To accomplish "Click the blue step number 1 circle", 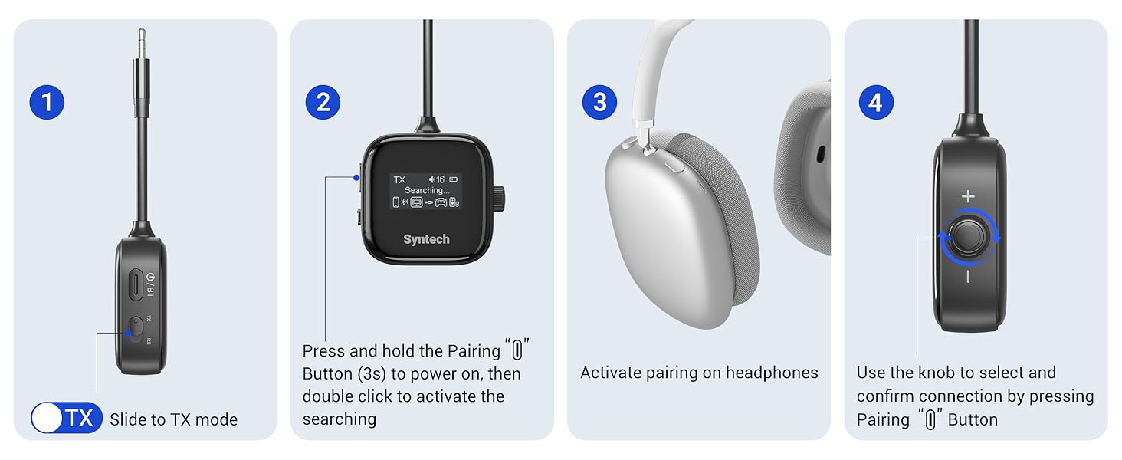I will (47, 102).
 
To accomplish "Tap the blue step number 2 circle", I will (323, 102).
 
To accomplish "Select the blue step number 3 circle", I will (599, 102).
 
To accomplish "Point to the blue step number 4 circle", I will (876, 102).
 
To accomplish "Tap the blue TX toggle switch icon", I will (67, 419).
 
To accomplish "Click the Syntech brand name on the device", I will (427, 239).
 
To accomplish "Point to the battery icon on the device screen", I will (453, 179).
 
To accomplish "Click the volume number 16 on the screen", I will (440, 179).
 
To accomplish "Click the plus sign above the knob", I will (969, 196).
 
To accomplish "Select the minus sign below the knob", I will (969, 277).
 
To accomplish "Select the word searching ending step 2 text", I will (340, 419).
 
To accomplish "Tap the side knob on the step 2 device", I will (500, 198).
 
